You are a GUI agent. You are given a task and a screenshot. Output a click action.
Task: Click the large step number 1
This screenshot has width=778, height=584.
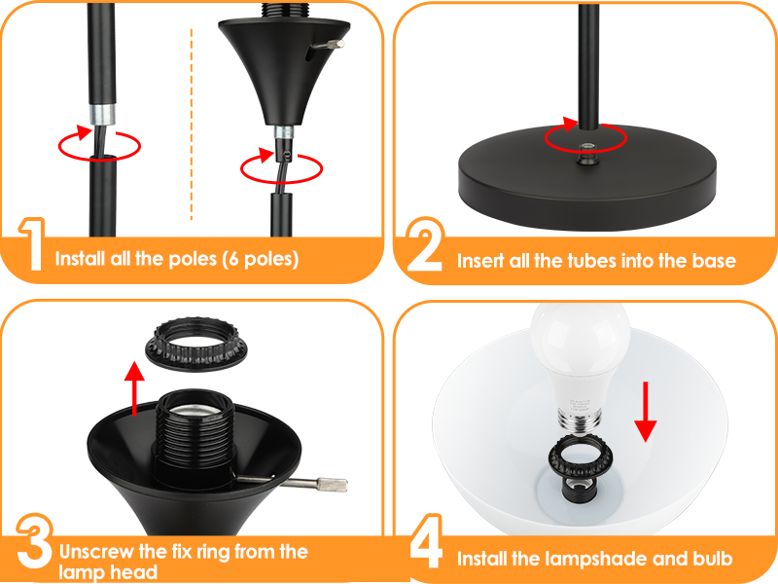(32, 244)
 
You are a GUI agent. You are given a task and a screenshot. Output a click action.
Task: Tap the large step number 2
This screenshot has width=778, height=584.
(425, 244)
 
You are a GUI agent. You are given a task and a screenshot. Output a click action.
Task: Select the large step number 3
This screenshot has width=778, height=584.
(34, 542)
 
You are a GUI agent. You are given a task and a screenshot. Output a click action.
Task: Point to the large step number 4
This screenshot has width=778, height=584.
(426, 541)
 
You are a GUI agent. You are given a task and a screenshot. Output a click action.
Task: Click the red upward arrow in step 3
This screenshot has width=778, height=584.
(134, 388)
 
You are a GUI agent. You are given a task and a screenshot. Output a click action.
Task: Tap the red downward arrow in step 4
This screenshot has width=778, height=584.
(646, 412)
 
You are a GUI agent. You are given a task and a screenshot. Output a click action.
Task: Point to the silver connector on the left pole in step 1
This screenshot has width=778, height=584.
(102, 114)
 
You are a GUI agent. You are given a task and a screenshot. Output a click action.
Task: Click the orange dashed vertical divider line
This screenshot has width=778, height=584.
(192, 125)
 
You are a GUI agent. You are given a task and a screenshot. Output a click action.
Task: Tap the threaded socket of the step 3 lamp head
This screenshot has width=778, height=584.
(194, 437)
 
